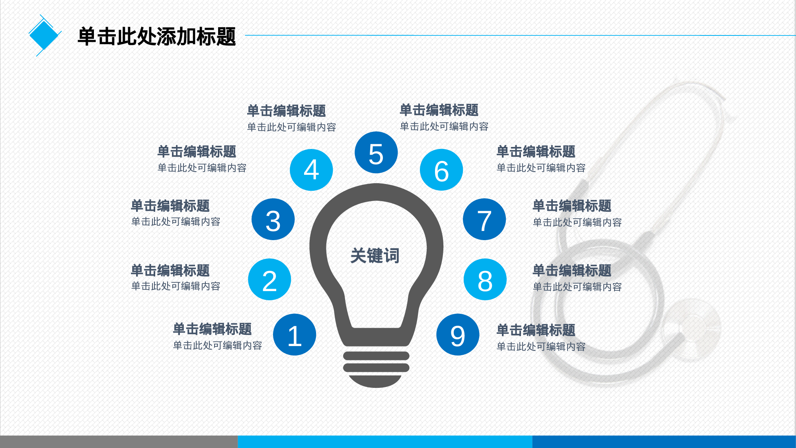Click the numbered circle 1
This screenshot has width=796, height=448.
point(295,335)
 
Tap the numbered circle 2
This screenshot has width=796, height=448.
point(269,280)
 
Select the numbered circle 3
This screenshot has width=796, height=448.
point(273,219)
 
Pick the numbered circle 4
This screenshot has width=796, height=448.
point(311,170)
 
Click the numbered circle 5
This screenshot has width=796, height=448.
point(376,153)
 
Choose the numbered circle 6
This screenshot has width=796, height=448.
point(441,170)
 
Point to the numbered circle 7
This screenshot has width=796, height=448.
point(484,219)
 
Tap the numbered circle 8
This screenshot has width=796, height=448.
point(485,280)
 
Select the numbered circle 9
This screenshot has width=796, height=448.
point(458,335)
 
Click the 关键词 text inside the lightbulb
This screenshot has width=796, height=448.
point(375,255)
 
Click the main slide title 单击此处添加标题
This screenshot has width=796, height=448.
point(157,37)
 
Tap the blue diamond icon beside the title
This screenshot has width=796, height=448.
point(44,35)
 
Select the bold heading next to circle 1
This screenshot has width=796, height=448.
point(212,329)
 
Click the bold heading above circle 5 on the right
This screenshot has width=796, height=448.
point(439,110)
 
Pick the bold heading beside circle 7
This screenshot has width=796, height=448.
point(572,206)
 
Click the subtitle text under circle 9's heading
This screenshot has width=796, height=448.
point(541,346)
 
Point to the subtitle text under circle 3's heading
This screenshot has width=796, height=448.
point(176,222)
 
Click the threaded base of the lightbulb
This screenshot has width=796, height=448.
point(376,368)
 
